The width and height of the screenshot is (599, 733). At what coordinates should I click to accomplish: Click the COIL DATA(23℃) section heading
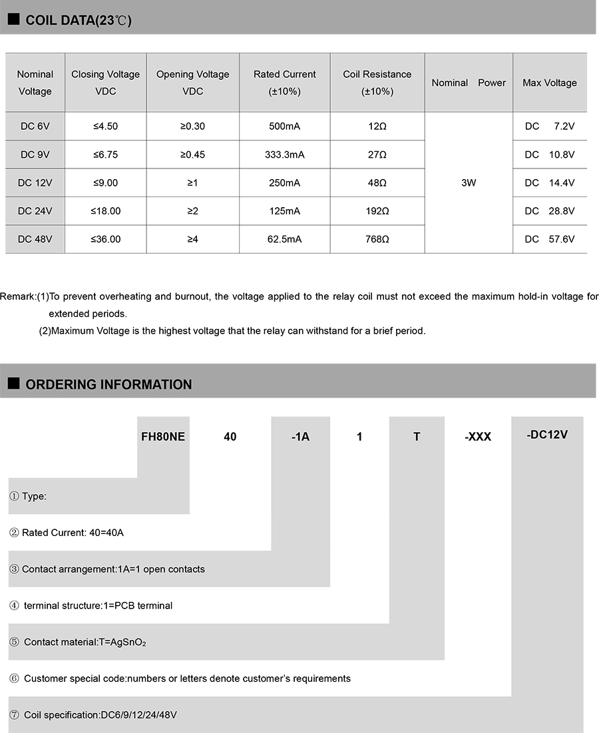coord(78,20)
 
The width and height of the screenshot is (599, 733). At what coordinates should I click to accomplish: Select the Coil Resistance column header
coord(377,83)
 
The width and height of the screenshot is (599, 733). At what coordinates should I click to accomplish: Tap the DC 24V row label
coord(35,211)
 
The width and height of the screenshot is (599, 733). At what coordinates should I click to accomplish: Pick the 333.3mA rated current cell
coord(284,154)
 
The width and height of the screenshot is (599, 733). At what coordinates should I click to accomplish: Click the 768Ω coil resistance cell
coord(377,239)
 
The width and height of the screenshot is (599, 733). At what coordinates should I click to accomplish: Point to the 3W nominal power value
coord(469,182)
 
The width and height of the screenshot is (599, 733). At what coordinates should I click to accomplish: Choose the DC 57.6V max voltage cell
coord(549,239)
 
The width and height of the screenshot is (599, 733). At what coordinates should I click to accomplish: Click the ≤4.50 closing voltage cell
coord(106,126)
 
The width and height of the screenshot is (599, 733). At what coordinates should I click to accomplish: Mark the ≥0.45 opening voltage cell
coord(192,154)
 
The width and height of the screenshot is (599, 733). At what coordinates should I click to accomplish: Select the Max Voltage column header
coord(549,83)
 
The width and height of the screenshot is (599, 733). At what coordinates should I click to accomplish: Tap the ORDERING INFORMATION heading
coord(108,384)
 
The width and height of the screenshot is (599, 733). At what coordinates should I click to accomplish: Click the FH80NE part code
coord(163,437)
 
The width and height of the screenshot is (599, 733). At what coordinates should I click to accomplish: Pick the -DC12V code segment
coord(546,435)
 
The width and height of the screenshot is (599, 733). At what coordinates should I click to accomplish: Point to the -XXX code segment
coord(477,437)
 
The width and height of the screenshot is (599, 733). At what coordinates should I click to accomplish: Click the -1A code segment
coord(301,437)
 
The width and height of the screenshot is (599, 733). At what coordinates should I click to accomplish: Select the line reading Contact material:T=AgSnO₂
coord(85,642)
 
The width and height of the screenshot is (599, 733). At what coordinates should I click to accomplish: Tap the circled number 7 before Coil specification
coord(14,715)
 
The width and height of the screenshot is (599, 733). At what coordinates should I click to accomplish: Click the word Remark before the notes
coord(17,296)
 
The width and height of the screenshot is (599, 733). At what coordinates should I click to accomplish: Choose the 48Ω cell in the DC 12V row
coord(377,182)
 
